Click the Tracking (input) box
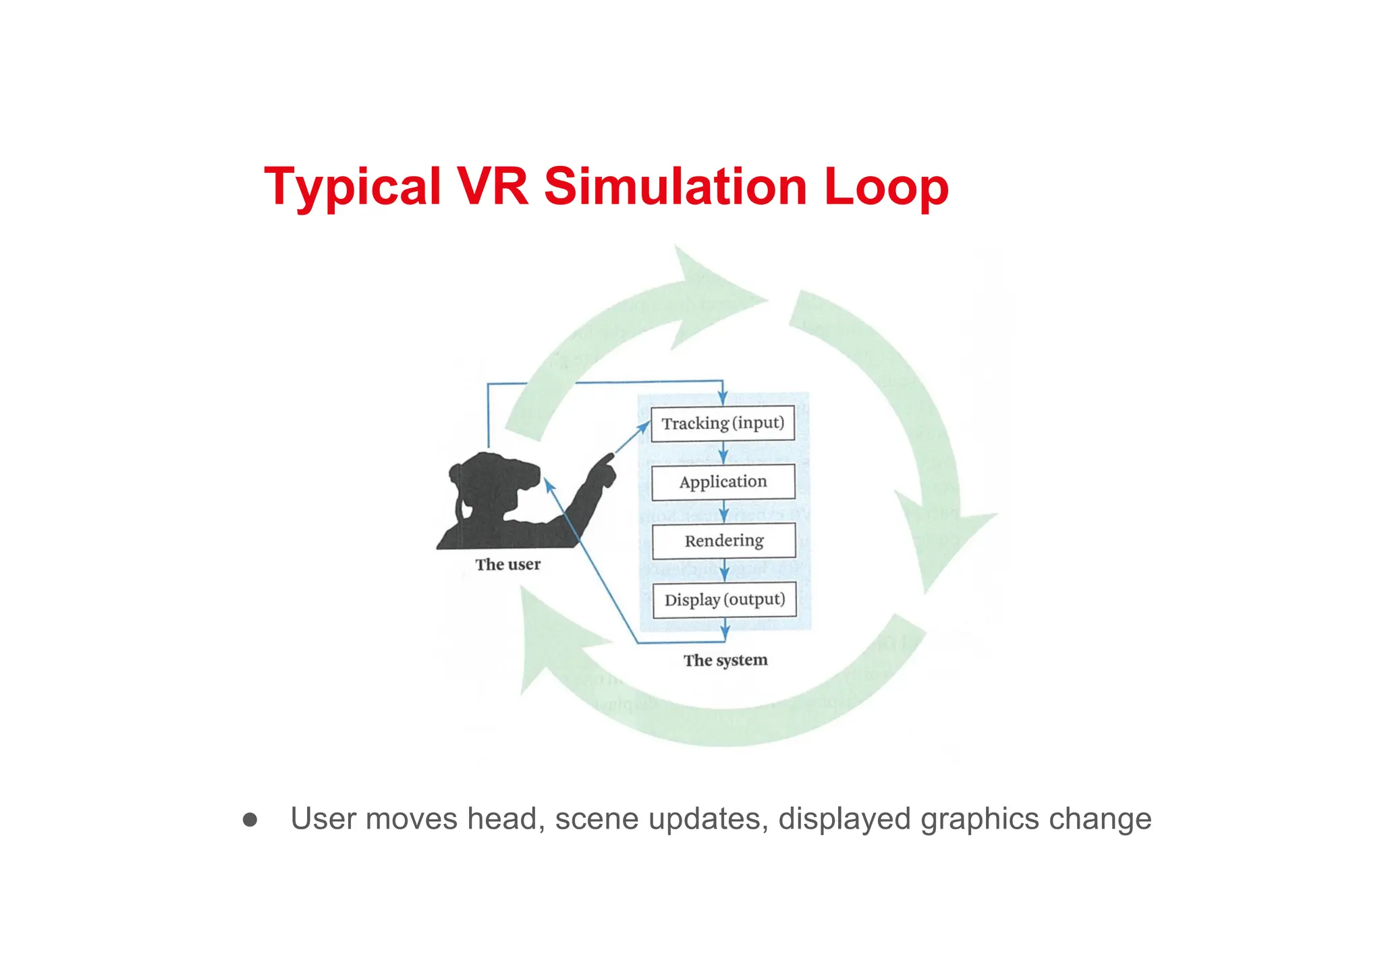pyautogui.click(x=723, y=424)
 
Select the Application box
pyautogui.click(x=723, y=482)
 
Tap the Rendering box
pyautogui.click(x=724, y=540)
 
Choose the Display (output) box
pyautogui.click(x=725, y=600)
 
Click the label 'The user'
pyautogui.click(x=507, y=565)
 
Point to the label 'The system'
pyautogui.click(x=725, y=661)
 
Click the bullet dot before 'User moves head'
pyautogui.click(x=250, y=820)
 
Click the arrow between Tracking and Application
pyautogui.click(x=723, y=453)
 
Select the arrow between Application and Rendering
pyautogui.click(x=724, y=511)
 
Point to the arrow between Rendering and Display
pyautogui.click(x=725, y=570)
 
